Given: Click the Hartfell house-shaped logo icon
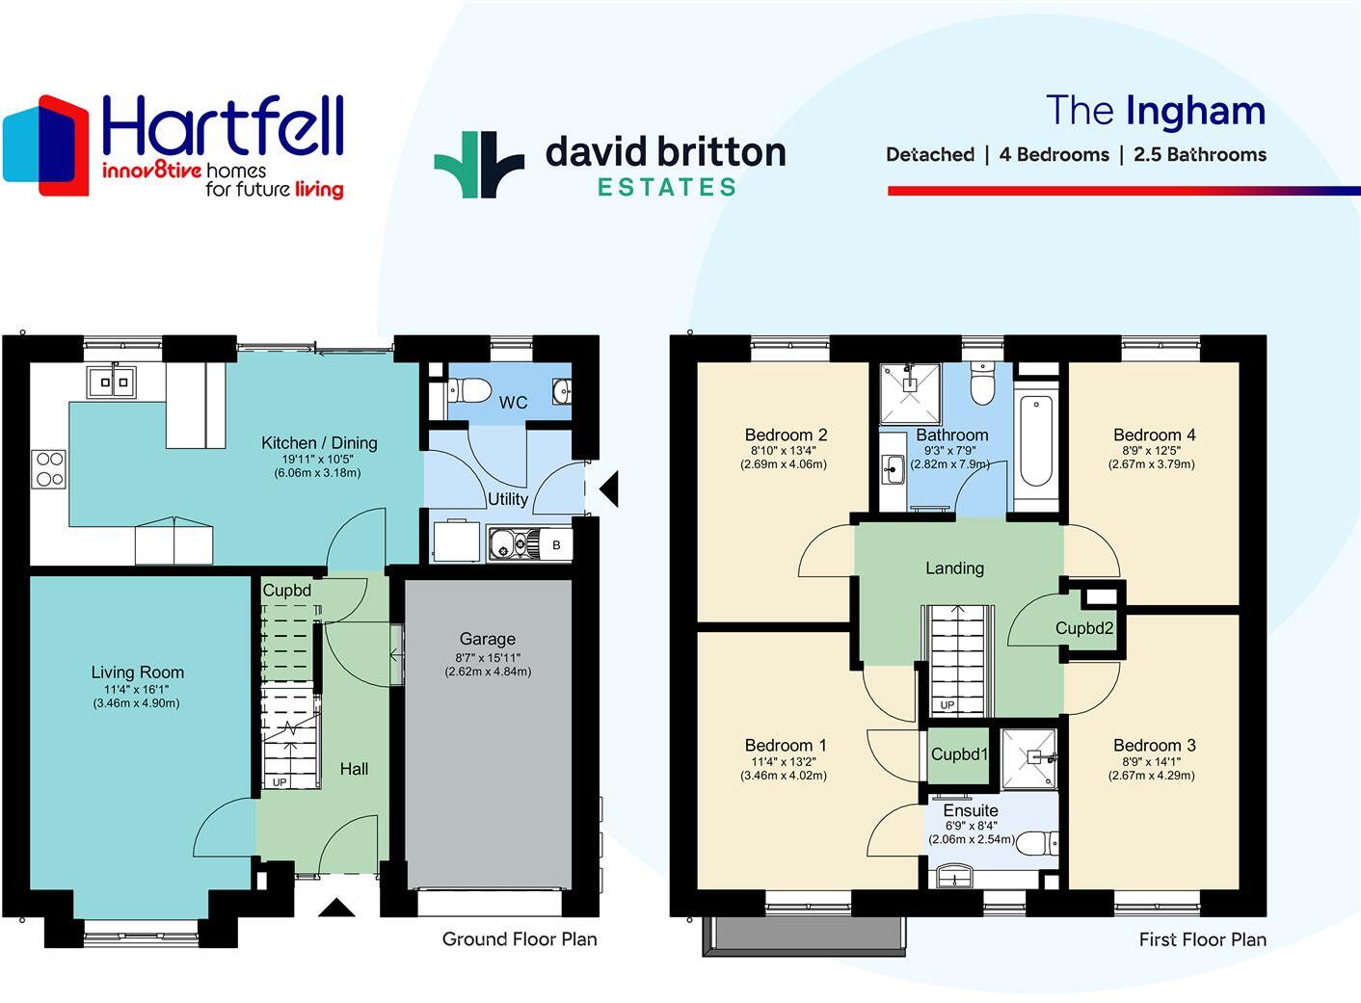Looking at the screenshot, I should pos(45,145).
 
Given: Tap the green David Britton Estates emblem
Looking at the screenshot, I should pos(479,165).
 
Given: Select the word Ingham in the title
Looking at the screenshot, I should pos(1195,111).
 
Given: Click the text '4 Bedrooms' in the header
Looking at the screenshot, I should pos(1054,154).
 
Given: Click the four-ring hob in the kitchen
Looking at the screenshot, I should pos(50,469).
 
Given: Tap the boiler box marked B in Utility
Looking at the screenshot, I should pos(556,545).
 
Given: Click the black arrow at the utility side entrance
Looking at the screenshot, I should pos(608,488).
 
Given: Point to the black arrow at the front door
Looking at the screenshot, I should pos(336,907).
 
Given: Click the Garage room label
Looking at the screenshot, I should pos(487,639).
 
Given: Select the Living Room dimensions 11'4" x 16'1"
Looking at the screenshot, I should pos(136,689).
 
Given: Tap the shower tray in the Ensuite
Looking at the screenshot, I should pos(1028,757).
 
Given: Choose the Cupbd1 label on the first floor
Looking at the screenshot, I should pos(959,754).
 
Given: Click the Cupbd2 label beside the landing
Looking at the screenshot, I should pos(1083,628).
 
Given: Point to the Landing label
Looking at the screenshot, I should pos(954,568).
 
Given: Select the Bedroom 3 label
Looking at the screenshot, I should pos(1154,745).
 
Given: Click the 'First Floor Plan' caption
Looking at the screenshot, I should pos(1202,939).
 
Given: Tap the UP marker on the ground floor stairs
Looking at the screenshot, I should pos(280,782).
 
